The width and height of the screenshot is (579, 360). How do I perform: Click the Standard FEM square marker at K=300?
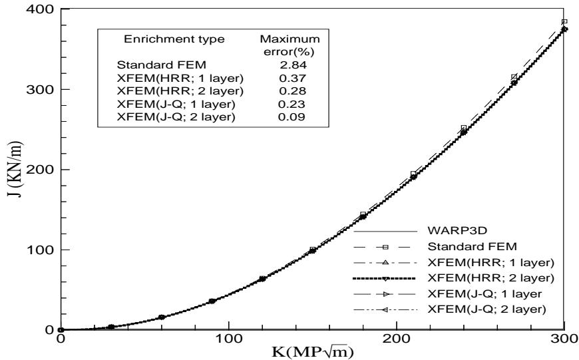click(564, 22)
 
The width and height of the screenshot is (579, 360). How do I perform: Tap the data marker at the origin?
click(61, 329)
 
